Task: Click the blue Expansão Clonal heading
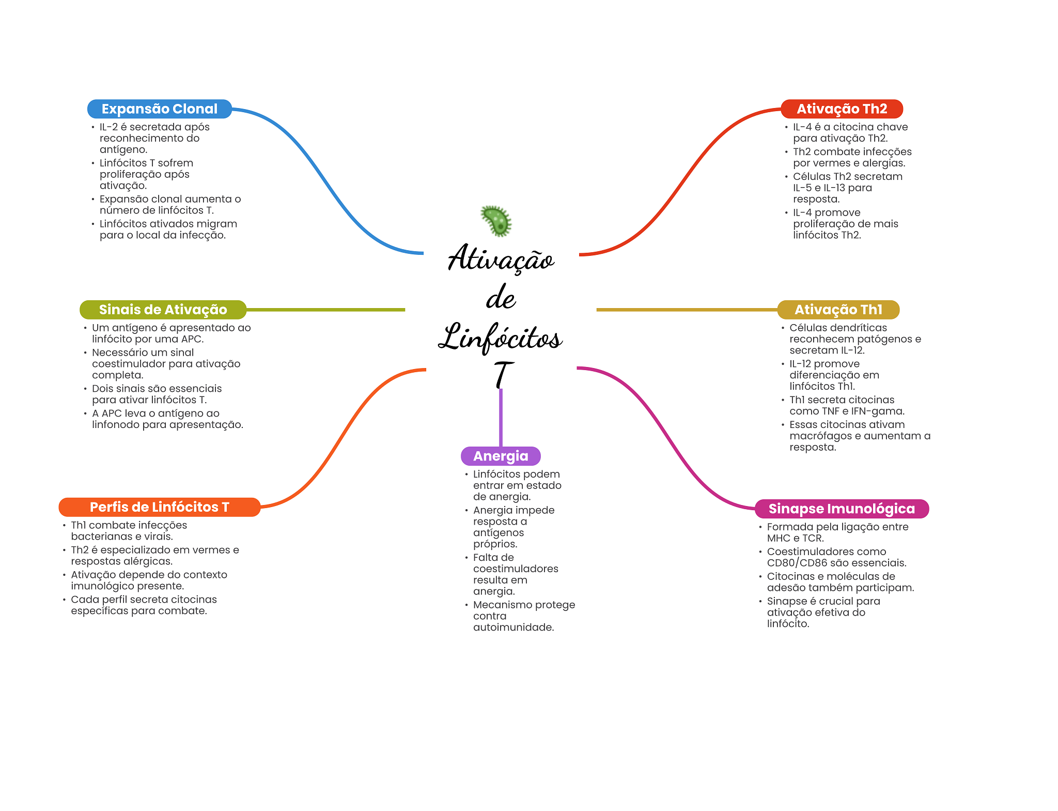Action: pyautogui.click(x=160, y=109)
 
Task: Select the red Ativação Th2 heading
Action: pyautogui.click(x=842, y=109)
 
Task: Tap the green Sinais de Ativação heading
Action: pyautogui.click(x=163, y=310)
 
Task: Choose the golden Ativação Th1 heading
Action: pyautogui.click(x=838, y=310)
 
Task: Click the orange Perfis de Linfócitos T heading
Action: pyautogui.click(x=160, y=507)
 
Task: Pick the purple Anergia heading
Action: pyautogui.click(x=501, y=456)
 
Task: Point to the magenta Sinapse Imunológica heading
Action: pyautogui.click(x=842, y=509)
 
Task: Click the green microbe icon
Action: pyautogui.click(x=496, y=221)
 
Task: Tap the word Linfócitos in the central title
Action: pyautogui.click(x=500, y=337)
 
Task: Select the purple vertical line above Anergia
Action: pyautogui.click(x=501, y=418)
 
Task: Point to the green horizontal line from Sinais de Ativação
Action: pyautogui.click(x=325, y=310)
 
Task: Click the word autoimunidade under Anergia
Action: pyautogui.click(x=514, y=628)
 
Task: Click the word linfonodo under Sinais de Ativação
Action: pyautogui.click(x=116, y=424)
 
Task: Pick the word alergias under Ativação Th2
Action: pyautogui.click(x=883, y=163)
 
